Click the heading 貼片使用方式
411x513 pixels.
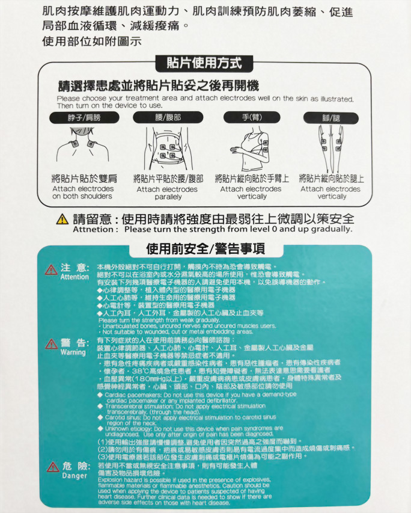pos(205,62)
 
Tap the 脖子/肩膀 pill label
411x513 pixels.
pos(84,117)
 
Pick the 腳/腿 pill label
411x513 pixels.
pos(332,117)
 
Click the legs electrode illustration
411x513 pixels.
pos(331,147)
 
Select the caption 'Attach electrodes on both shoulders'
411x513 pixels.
pos(83,192)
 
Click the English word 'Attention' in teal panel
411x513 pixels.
pos(75,277)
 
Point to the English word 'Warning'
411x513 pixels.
pos(73,352)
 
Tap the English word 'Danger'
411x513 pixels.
pos(74,476)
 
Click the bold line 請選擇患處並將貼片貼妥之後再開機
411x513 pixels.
pos(158,85)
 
